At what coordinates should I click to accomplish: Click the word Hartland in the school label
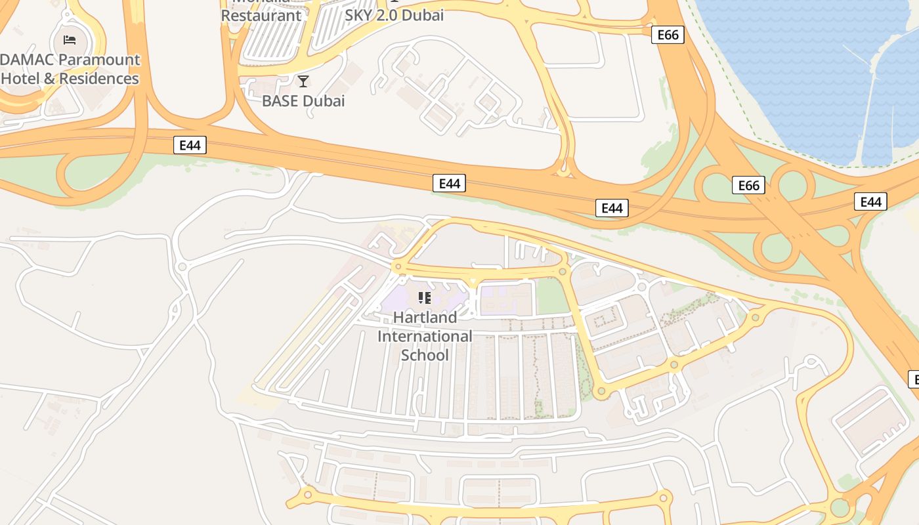(425, 318)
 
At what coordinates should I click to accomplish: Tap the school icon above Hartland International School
(425, 298)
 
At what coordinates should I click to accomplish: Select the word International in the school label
(425, 337)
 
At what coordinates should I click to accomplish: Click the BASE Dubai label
(303, 101)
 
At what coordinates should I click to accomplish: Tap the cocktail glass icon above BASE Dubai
(303, 81)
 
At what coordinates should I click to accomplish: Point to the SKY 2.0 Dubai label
(395, 15)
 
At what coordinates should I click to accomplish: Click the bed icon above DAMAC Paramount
(70, 40)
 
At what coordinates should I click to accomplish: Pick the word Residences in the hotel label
(99, 79)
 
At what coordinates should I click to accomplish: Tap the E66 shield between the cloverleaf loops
(749, 185)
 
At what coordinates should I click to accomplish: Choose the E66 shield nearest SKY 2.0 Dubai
(668, 35)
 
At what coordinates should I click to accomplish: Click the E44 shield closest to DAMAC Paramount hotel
(190, 145)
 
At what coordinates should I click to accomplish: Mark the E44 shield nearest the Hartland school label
(449, 184)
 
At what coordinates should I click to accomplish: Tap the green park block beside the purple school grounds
(553, 297)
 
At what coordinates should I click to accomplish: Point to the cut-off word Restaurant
(261, 15)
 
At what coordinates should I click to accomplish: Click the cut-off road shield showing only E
(913, 379)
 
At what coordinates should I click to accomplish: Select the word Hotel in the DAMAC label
(20, 79)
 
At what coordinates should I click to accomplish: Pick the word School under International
(425, 356)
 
